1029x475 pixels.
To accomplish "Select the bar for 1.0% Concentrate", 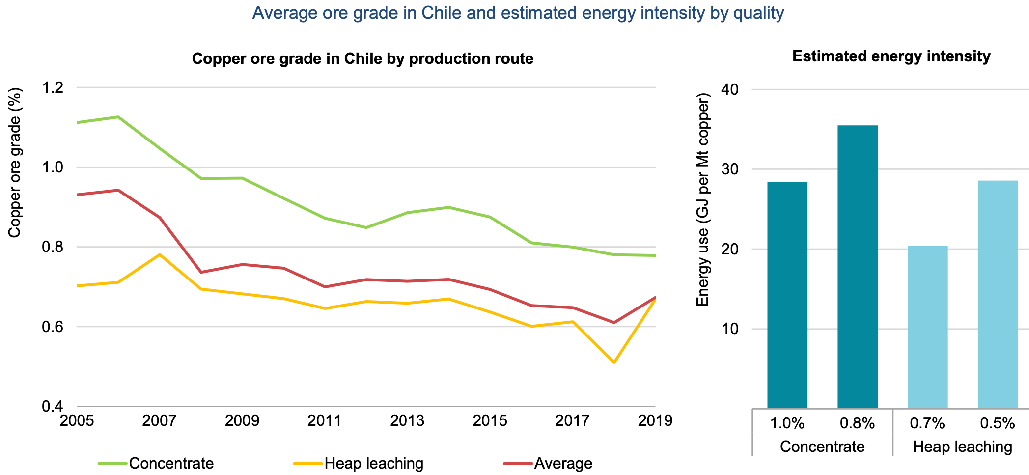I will pos(787,295).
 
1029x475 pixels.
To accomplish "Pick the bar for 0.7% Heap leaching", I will pos(927,327).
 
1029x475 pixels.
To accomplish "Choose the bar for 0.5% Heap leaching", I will pos(998,294).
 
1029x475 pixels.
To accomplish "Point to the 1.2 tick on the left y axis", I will pos(53,88).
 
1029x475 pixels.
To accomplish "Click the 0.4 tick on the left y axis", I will pos(53,407).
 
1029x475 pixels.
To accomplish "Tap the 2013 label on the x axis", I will pos(407,421).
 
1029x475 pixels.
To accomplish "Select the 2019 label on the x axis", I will pos(655,421).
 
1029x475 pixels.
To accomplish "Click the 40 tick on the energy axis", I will pos(730,89).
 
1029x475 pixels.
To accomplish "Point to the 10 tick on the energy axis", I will pos(730,329).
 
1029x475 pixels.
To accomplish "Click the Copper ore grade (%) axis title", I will pos(15,163).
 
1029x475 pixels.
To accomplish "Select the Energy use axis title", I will pos(703,199).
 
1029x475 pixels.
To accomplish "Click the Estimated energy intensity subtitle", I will pos(891,56).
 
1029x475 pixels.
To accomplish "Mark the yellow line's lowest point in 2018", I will pos(614,363).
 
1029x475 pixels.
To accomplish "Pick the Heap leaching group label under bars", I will pos(962,447).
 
